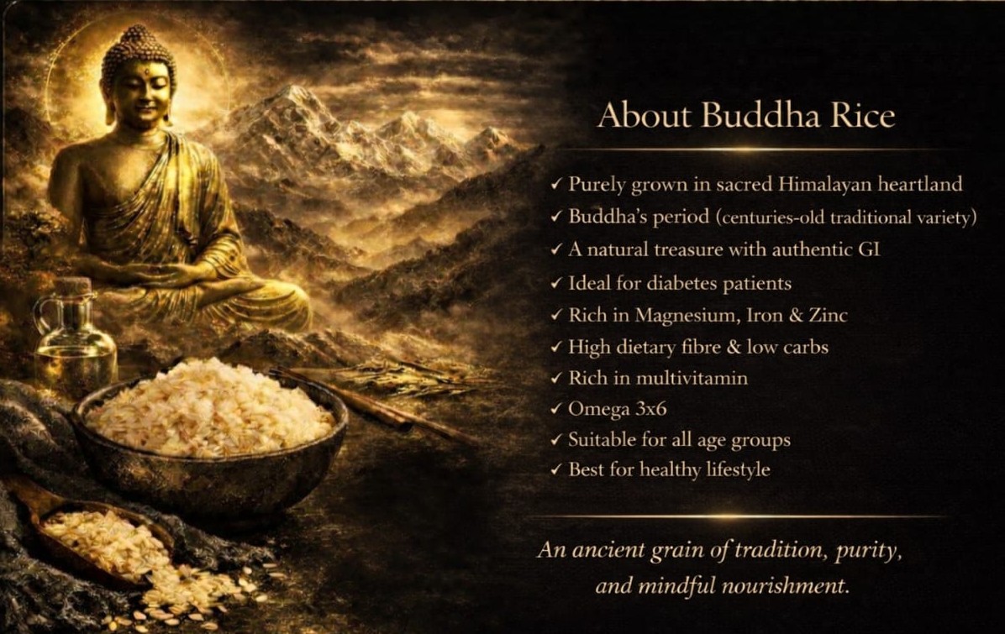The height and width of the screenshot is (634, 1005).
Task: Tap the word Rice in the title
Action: click(x=861, y=116)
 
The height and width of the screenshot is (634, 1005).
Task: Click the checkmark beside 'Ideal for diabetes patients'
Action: click(x=555, y=284)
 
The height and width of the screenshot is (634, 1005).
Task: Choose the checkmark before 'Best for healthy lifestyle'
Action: click(x=555, y=470)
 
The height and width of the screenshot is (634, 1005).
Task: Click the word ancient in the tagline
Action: click(x=605, y=552)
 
